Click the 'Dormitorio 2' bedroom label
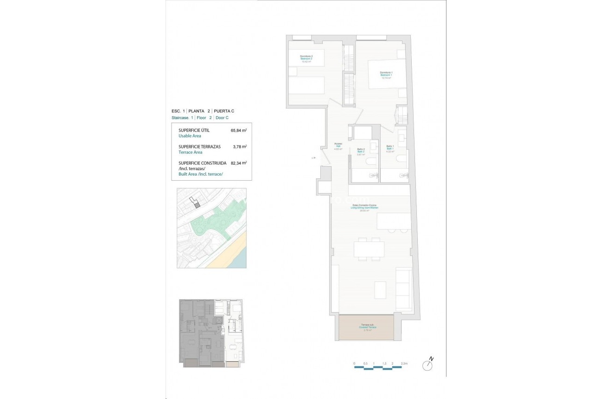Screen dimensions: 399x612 tap(306, 56)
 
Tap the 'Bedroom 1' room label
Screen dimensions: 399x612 tap(386, 75)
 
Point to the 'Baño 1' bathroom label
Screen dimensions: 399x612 tap(390, 147)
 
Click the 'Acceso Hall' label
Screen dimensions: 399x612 tap(338, 145)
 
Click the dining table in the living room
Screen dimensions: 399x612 tap(369, 249)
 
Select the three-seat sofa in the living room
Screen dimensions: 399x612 tap(403, 288)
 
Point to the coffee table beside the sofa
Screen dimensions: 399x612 tap(380, 290)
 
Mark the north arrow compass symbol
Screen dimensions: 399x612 tap(427, 365)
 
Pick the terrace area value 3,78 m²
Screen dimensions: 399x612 tap(238, 147)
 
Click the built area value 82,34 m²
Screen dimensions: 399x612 tap(238, 163)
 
